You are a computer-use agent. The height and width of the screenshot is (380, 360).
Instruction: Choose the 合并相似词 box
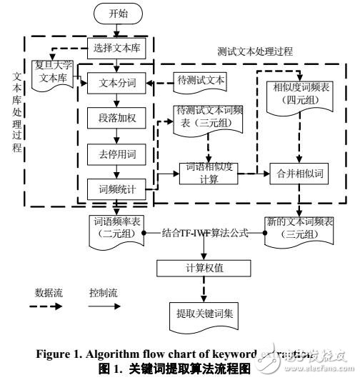pyautogui.click(x=294, y=172)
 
